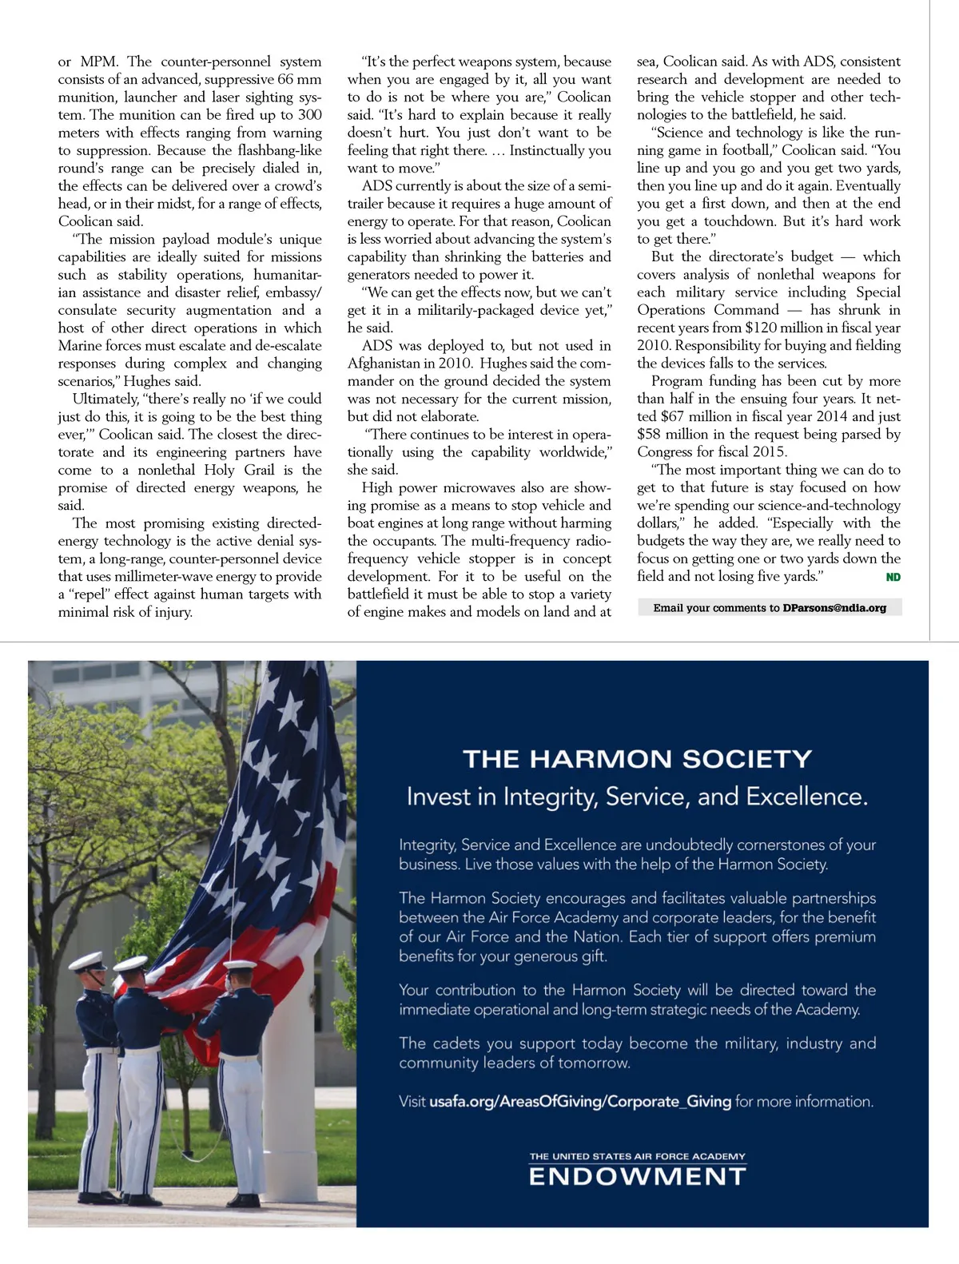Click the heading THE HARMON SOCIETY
click(637, 759)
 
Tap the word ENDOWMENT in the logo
click(637, 1177)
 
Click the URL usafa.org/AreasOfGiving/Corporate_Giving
click(580, 1102)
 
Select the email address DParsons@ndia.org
click(834, 608)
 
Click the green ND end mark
click(893, 577)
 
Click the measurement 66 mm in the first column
click(300, 79)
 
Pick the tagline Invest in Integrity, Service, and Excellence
click(637, 797)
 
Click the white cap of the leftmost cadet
click(87, 961)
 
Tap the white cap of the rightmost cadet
click(240, 967)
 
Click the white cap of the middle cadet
click(131, 964)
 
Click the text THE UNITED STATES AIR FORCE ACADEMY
click(637, 1156)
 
